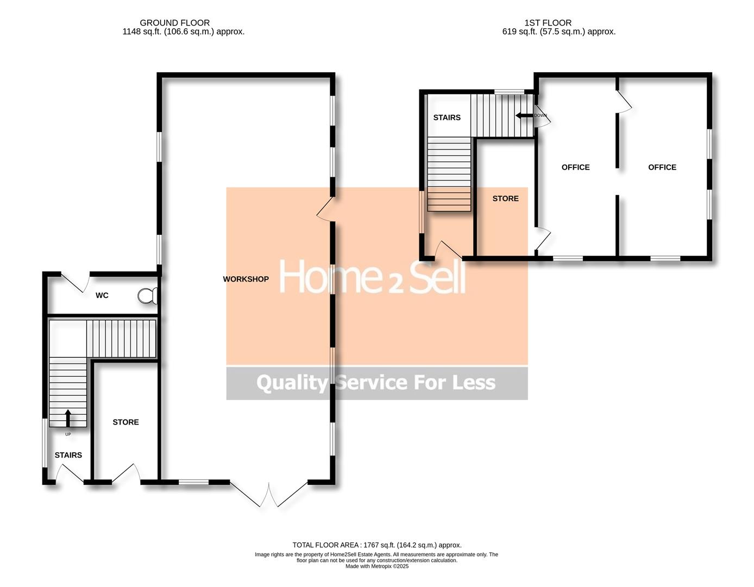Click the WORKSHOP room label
(246, 279)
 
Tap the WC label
(102, 296)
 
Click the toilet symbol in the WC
(148, 296)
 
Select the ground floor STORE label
(125, 422)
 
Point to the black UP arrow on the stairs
(68, 418)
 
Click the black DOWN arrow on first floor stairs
(524, 115)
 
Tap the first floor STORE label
(505, 199)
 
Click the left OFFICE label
(575, 167)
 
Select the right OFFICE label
(662, 167)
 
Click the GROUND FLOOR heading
(174, 23)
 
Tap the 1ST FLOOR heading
(548, 23)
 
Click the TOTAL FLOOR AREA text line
(376, 545)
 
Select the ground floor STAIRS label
(68, 455)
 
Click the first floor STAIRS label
(447, 118)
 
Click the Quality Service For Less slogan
(376, 383)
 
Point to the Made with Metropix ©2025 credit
(376, 566)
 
